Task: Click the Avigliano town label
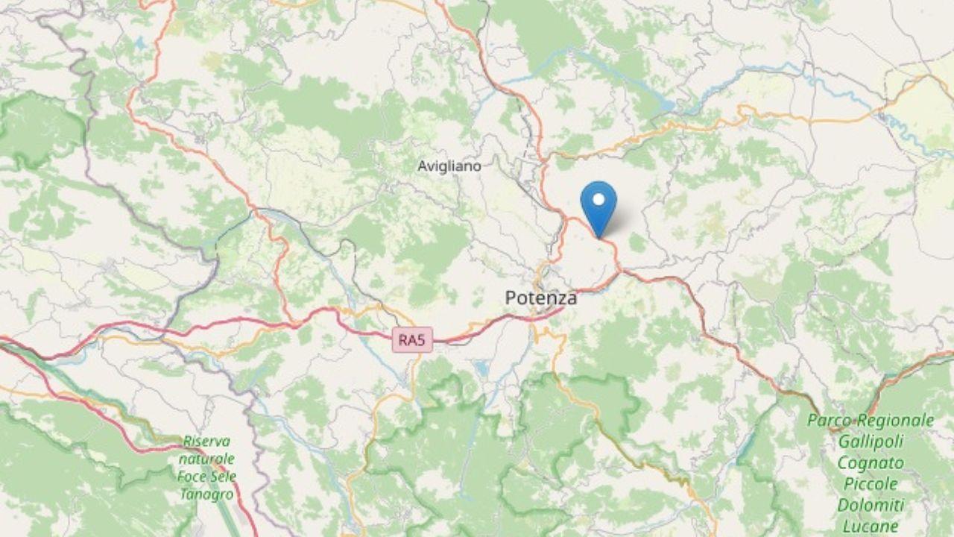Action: pos(449,166)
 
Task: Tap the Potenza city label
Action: pos(540,298)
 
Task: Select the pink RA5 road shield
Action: pos(412,341)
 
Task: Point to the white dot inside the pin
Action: pos(598,199)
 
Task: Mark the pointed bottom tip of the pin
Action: pos(598,237)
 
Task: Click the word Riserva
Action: pos(206,442)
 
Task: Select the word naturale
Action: pos(206,459)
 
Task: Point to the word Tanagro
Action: pos(206,494)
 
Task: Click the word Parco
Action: pos(829,421)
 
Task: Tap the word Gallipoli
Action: pos(871,442)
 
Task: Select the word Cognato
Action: pos(871,463)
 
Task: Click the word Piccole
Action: pos(871,484)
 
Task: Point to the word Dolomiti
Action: pos(871,505)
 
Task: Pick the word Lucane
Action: pos(871,526)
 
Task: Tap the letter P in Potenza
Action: pos(511,298)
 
